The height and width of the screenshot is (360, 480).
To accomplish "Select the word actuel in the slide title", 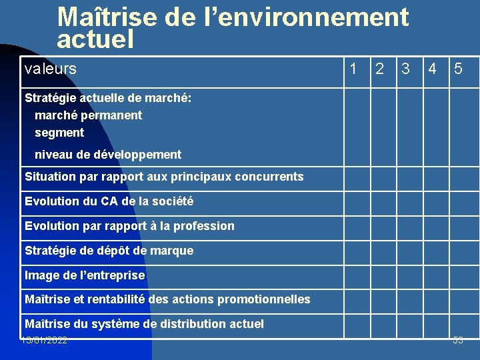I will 95,40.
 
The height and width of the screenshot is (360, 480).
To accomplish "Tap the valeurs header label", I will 50,68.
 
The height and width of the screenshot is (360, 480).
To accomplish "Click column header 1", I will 353,68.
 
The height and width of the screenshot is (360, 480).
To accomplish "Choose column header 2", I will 379,68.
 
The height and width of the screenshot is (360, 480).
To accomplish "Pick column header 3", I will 405,68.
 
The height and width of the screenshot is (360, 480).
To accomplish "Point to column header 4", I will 433,68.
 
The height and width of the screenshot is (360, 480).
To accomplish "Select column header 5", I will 459,68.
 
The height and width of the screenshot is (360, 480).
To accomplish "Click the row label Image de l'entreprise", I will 85,275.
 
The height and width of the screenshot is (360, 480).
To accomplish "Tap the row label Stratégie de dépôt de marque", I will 109,251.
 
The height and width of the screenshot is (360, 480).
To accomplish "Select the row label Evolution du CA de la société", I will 109,201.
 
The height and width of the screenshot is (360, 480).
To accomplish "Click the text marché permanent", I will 88,115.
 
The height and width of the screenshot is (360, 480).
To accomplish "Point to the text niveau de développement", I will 108,155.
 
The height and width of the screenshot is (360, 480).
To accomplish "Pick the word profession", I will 202,226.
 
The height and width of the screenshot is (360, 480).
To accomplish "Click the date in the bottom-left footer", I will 44,341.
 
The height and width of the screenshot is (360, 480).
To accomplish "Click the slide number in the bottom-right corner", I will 457,341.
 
